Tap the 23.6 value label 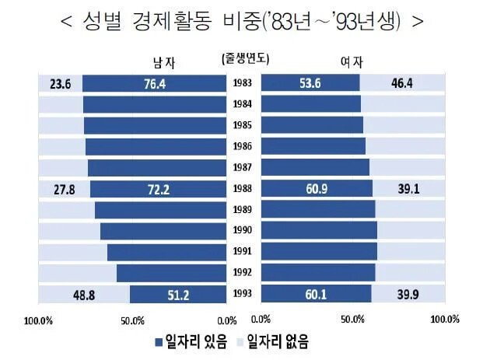(60, 83)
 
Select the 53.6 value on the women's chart (310, 83)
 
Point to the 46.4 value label (403, 83)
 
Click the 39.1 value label (408, 189)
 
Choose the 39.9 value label (408, 295)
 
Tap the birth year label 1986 (241, 146)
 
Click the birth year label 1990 (241, 231)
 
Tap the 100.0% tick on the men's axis (39, 320)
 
